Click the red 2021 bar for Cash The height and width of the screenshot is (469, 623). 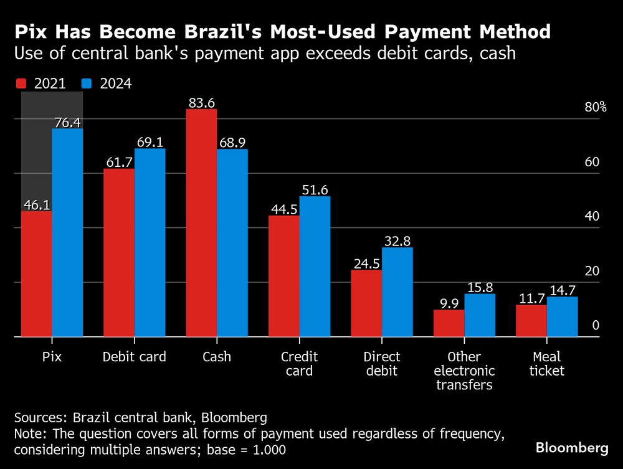click(201, 223)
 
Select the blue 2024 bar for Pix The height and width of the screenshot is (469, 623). click(67, 232)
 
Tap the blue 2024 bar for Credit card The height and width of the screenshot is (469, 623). click(315, 267)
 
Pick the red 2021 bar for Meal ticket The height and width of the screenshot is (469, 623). click(531, 321)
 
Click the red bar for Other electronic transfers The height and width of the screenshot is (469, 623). click(449, 323)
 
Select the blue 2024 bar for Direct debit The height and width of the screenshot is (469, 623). click(397, 292)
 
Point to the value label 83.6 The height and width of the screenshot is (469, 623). click(201, 103)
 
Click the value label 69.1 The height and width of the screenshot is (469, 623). click(150, 142)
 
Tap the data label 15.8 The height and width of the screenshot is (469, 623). click(480, 288)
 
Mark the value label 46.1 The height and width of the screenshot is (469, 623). click(37, 205)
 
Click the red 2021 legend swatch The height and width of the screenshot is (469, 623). click(21, 83)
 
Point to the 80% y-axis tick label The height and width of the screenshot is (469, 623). click(595, 107)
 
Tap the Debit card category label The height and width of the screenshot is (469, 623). click(134, 357)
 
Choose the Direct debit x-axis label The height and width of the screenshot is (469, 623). click(381, 364)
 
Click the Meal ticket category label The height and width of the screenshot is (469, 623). click(546, 364)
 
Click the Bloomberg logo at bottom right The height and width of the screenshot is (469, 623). click(572, 448)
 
